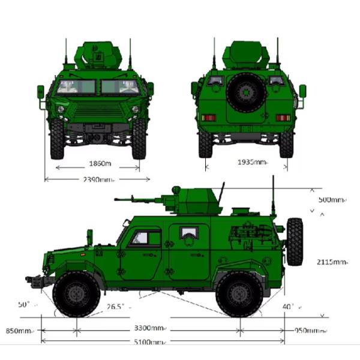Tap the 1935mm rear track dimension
251,162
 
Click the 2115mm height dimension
332,262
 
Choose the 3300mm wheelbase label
149,328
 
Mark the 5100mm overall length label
149,342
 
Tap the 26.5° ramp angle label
116,307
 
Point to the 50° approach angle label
24,305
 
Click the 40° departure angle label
289,307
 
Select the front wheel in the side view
76,294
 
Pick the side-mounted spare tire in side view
295,241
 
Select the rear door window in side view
189,232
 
